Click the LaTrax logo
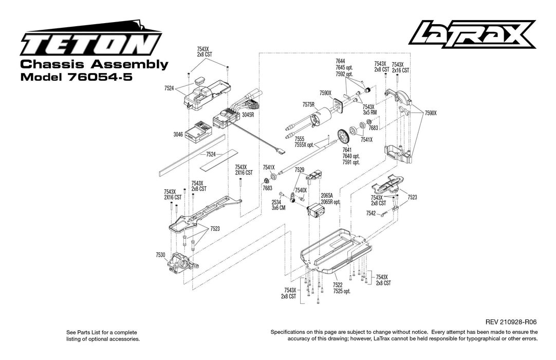coord(472,34)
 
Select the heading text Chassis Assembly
coord(94,64)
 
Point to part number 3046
coord(178,134)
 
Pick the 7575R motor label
coord(308,104)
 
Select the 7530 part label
coord(160,255)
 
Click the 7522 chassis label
coord(338,285)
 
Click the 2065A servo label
coord(327,195)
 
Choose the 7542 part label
coord(371,213)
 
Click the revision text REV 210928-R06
coord(507,321)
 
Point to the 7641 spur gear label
coord(347,150)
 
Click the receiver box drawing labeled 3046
coord(198,132)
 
